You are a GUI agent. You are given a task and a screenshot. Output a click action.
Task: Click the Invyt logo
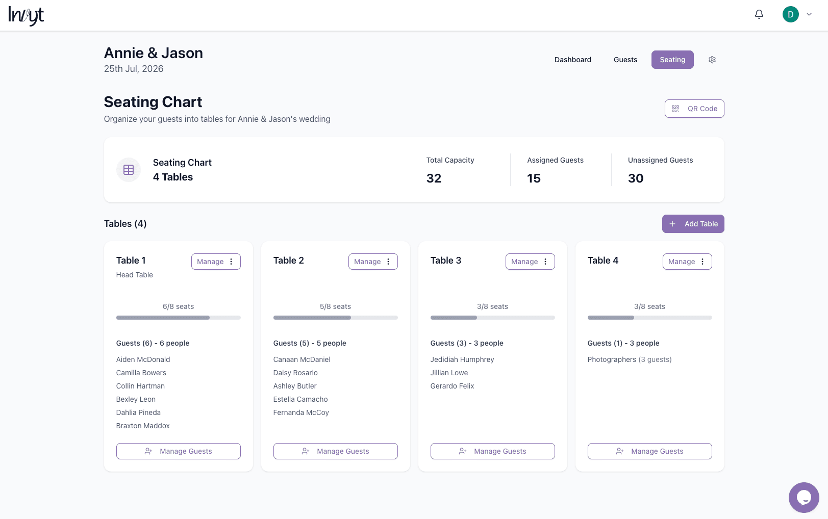[26, 15]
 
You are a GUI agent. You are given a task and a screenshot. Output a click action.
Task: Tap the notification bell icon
[759, 14]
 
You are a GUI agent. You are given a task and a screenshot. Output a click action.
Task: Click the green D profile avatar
[790, 14]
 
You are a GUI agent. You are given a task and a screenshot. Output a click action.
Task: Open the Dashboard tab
[572, 60]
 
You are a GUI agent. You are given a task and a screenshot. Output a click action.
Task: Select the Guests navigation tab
[625, 60]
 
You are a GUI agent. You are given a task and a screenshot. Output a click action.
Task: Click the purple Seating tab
[672, 60]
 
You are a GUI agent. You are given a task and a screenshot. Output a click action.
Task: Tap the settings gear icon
[712, 60]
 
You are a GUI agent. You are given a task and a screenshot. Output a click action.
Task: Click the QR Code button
[694, 109]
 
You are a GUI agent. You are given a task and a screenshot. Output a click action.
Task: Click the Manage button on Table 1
[210, 262]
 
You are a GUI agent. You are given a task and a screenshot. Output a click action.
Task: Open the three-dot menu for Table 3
[545, 262]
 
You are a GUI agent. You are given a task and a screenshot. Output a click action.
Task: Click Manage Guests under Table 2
[335, 451]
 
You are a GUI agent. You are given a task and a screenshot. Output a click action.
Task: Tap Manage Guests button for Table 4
[649, 451]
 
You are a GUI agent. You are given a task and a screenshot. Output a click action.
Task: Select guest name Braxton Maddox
[143, 426]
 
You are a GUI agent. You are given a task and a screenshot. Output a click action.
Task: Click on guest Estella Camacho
[300, 399]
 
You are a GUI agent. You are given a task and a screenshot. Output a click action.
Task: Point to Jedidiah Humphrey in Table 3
[462, 359]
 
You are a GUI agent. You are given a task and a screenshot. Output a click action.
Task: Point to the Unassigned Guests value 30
[636, 178]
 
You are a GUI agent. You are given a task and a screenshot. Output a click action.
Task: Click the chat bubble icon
[804, 498]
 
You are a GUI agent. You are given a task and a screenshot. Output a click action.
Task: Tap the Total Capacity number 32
[434, 178]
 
